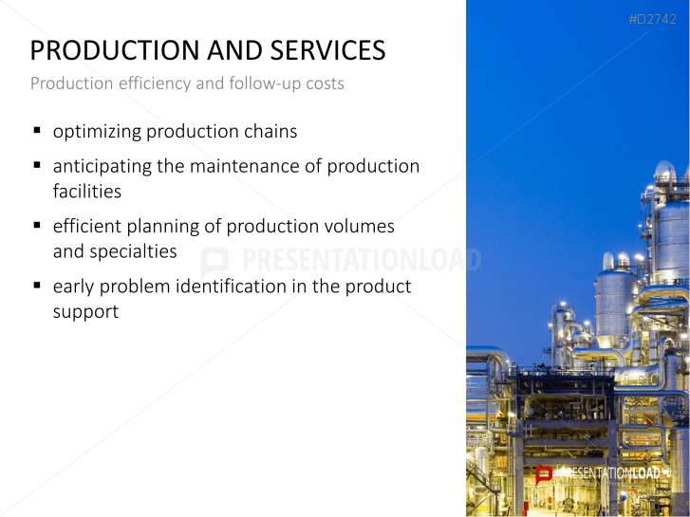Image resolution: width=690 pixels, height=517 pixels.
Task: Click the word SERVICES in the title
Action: point(327,50)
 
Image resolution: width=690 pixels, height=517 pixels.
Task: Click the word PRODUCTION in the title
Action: point(115,50)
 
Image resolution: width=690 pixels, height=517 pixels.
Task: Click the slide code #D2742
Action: point(653,19)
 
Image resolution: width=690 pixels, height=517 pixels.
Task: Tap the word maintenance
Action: point(244,166)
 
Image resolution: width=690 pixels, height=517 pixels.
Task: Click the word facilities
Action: point(87,192)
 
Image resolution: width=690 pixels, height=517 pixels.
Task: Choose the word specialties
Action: point(133,252)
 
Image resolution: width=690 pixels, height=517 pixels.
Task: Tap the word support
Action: point(85,312)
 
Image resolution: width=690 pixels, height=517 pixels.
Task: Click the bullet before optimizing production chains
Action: point(37,131)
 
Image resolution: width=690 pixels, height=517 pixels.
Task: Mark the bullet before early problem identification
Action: point(37,286)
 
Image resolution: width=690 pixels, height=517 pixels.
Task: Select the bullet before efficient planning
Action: point(37,225)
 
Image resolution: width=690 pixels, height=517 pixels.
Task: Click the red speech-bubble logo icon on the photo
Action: point(544,475)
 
